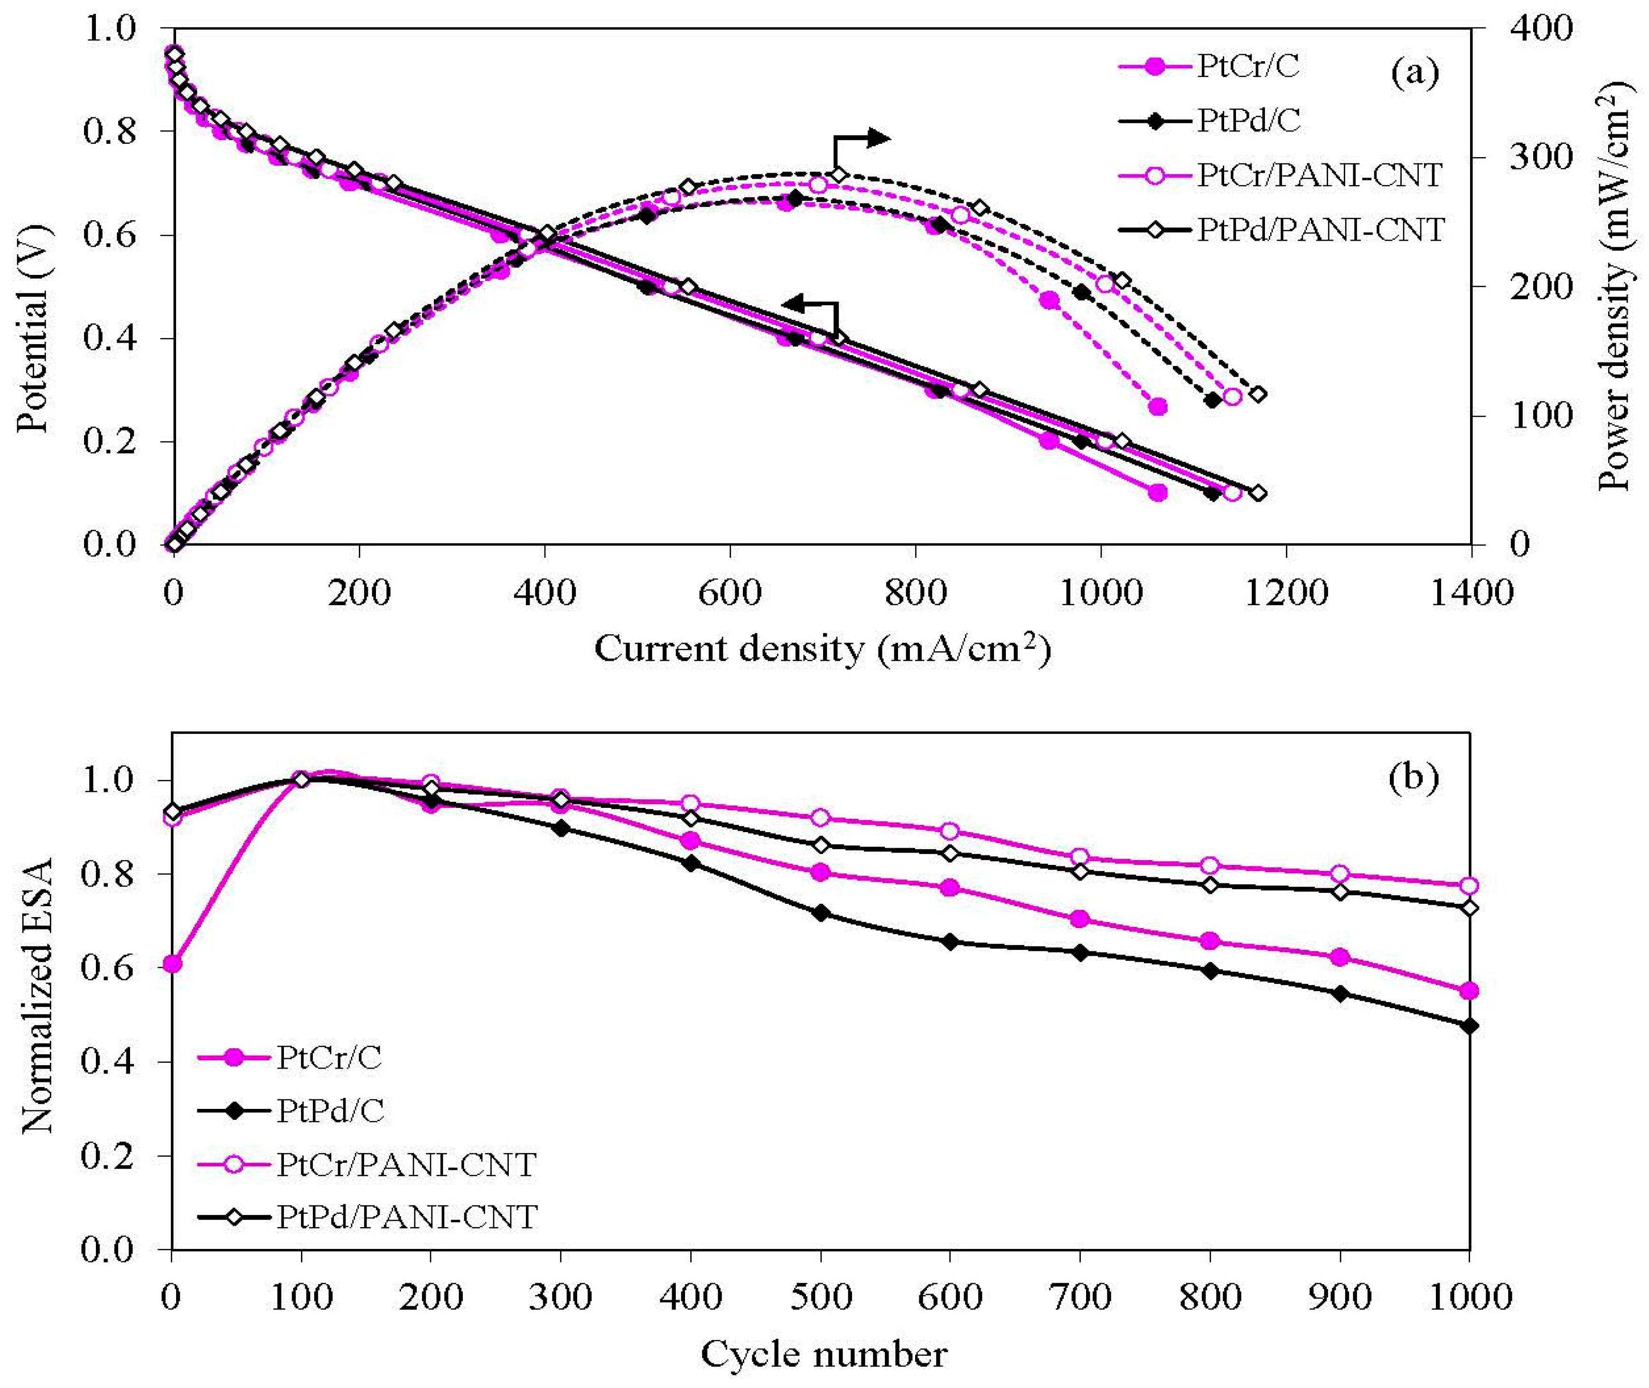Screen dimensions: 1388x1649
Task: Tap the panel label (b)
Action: click(x=1414, y=777)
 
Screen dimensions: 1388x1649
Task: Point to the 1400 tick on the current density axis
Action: click(x=1471, y=592)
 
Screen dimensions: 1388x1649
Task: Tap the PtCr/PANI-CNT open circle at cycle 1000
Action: click(x=1469, y=886)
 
